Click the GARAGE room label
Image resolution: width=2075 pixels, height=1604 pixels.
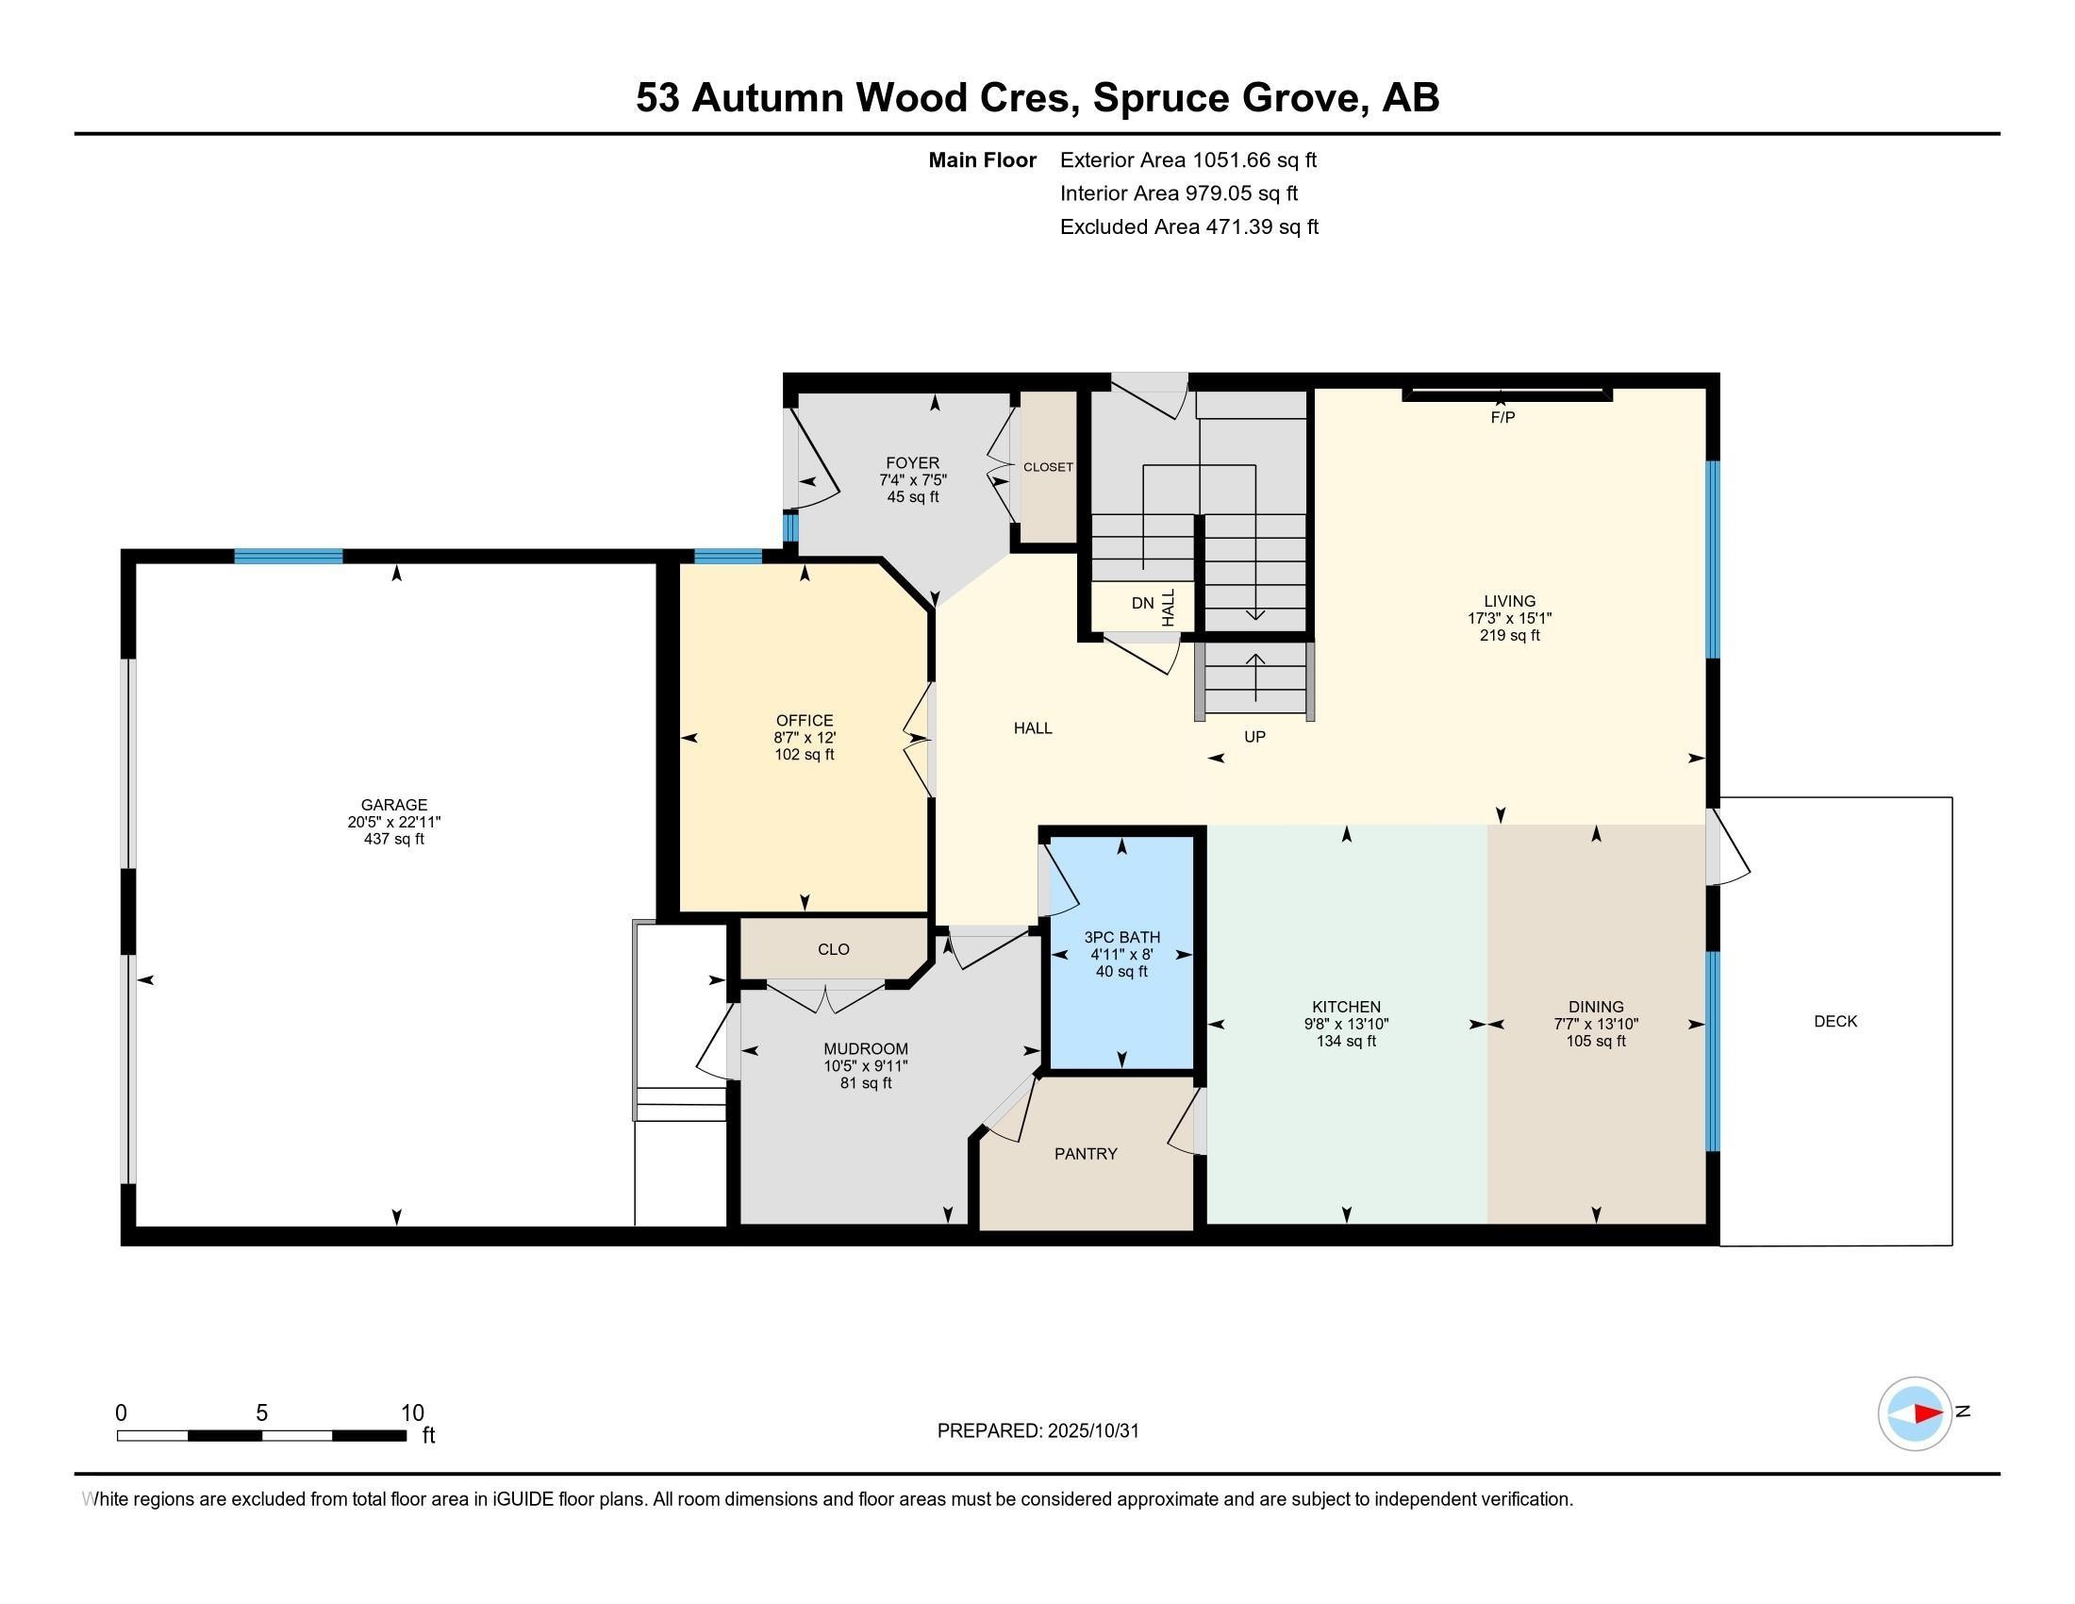pyautogui.click(x=393, y=804)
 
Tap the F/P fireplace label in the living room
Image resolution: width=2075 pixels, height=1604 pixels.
pyautogui.click(x=1502, y=417)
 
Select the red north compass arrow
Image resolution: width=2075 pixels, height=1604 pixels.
pyautogui.click(x=1927, y=1413)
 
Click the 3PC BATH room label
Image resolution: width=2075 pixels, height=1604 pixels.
pyautogui.click(x=1121, y=937)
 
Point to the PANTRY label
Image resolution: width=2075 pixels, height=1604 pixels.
pyautogui.click(x=1085, y=1154)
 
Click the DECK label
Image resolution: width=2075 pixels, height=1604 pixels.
pyautogui.click(x=1834, y=1021)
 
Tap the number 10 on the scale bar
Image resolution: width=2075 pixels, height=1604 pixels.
pyautogui.click(x=412, y=1412)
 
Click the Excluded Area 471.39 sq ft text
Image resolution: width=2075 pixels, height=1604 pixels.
pyautogui.click(x=1188, y=226)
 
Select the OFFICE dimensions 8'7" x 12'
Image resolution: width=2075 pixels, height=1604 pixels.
pyautogui.click(x=804, y=738)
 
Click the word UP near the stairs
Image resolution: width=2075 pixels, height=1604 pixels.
pyautogui.click(x=1254, y=737)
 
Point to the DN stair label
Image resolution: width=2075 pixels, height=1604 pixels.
pyautogui.click(x=1142, y=604)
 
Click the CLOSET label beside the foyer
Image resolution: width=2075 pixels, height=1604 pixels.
pyautogui.click(x=1048, y=467)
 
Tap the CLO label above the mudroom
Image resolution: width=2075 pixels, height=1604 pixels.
pyautogui.click(x=833, y=949)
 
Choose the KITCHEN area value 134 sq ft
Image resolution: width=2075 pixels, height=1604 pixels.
pyautogui.click(x=1345, y=1041)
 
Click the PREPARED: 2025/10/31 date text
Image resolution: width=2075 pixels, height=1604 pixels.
pyautogui.click(x=1037, y=1431)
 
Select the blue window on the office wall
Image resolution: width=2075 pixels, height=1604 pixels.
pyautogui.click(x=728, y=557)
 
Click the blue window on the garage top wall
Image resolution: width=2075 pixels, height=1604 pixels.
pyautogui.click(x=288, y=557)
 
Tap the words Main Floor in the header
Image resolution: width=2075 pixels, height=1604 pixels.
pyautogui.click(x=982, y=159)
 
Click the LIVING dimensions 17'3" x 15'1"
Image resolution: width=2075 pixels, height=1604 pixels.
pyautogui.click(x=1509, y=618)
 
